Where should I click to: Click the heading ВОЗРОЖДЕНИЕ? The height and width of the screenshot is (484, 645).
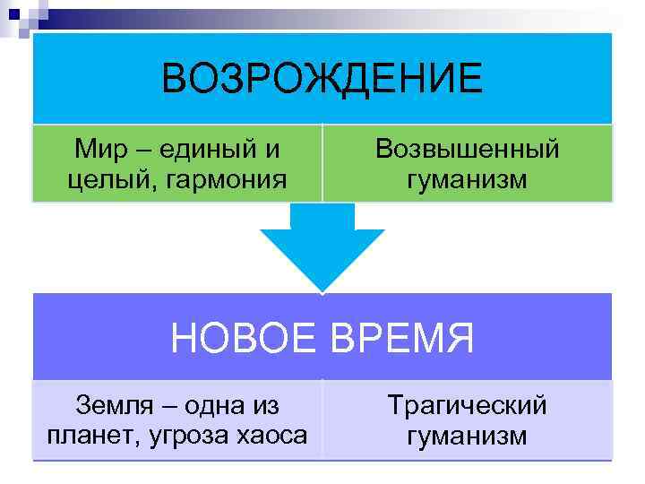point(322,79)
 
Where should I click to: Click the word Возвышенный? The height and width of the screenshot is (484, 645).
point(467,148)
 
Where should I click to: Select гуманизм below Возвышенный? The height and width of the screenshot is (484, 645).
point(467,180)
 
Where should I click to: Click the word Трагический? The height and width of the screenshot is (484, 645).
point(467,404)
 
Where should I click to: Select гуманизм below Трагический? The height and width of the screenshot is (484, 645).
point(467,436)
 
